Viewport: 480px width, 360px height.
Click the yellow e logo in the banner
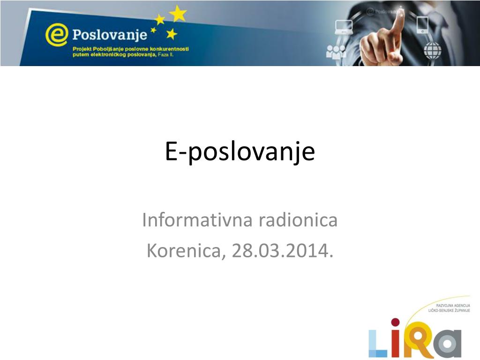point(56,35)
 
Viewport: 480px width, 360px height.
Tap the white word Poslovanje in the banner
point(110,35)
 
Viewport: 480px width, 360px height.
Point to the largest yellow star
point(178,14)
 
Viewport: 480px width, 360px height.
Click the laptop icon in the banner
point(344,27)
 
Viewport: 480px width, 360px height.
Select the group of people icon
point(336,52)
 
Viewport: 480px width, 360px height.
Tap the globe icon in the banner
point(433,51)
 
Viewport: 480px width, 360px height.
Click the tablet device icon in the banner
point(422,24)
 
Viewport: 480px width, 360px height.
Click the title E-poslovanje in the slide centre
point(240,151)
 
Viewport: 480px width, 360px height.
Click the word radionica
point(298,220)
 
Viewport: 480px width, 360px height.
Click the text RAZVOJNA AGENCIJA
point(453,306)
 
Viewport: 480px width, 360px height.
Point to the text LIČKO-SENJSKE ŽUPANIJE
point(449,310)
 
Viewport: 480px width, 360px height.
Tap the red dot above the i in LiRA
point(395,322)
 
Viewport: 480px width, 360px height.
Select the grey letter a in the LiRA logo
point(448,344)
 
